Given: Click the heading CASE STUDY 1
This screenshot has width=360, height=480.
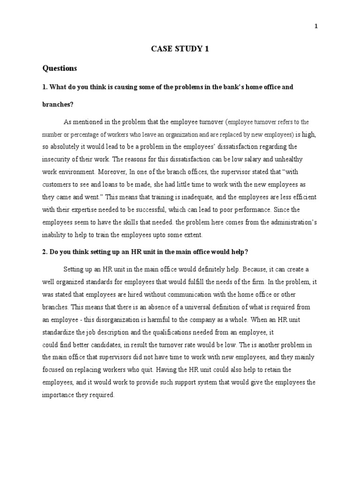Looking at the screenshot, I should (x=180, y=48).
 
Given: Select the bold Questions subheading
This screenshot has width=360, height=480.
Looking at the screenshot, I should (x=60, y=68).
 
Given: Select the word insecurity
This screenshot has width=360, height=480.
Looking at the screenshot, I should (x=60, y=159).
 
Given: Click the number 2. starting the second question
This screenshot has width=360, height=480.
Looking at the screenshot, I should (x=45, y=252).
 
